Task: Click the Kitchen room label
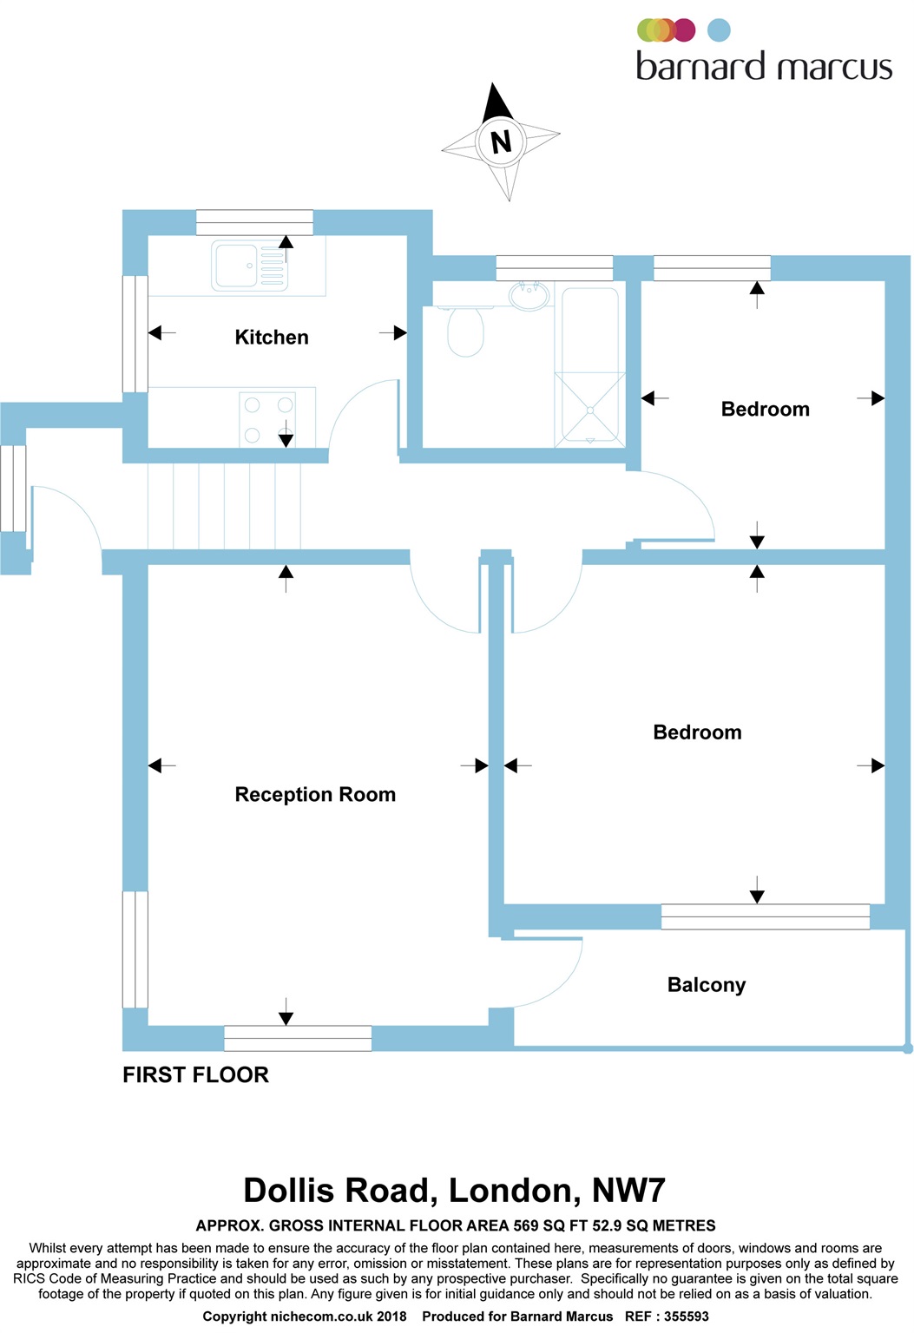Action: (272, 338)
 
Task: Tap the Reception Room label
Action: (315, 795)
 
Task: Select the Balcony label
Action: (707, 985)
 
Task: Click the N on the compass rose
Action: (501, 141)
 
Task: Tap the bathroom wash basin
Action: (528, 297)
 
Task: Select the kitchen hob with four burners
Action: (268, 419)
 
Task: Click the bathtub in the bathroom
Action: (590, 364)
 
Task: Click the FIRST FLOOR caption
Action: (195, 1075)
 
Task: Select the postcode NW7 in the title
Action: (628, 1191)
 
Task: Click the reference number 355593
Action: (687, 1317)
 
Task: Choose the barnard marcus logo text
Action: (764, 67)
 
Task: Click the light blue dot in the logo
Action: (719, 30)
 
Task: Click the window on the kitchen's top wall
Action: (254, 222)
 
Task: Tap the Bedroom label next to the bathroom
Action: (765, 410)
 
